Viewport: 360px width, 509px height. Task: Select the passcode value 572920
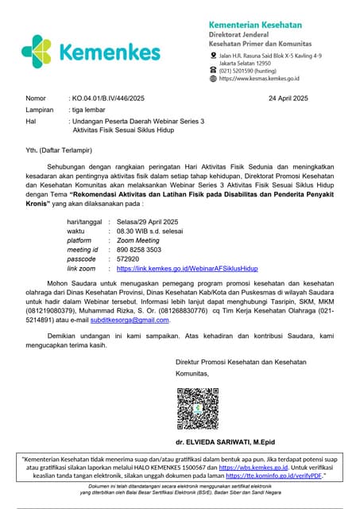coord(128,258)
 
